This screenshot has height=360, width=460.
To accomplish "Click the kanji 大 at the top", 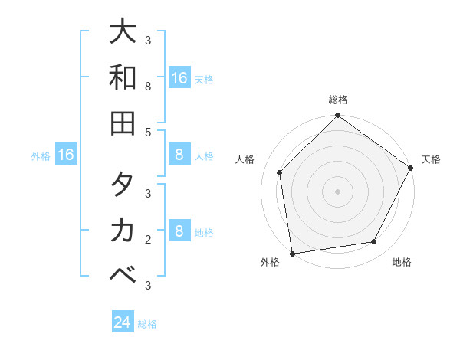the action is (123, 33).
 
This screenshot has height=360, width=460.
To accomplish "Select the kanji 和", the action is (123, 77).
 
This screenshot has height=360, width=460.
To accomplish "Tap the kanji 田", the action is (123, 122).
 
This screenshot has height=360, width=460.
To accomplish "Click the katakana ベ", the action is (123, 274).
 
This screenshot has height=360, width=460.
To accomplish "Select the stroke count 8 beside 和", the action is (148, 87).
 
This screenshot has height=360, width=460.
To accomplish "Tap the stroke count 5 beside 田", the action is (148, 132).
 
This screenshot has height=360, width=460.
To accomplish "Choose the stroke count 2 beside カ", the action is (148, 240).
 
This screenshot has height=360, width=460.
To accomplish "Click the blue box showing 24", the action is (123, 322).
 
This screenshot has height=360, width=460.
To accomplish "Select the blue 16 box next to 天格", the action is (179, 78).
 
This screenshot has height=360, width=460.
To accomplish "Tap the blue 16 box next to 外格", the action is (66, 155).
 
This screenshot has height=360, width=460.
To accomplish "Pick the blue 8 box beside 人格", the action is (179, 155).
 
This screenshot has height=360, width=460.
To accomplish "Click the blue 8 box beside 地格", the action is (179, 232).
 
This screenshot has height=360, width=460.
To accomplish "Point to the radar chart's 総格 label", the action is (337, 100).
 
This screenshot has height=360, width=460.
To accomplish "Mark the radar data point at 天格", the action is (411, 169).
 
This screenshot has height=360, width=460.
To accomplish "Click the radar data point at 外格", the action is (292, 254).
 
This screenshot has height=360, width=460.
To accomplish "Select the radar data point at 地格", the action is (374, 241).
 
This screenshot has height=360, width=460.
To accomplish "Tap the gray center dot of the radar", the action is (337, 191).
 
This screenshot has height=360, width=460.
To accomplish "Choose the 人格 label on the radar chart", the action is (245, 159).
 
